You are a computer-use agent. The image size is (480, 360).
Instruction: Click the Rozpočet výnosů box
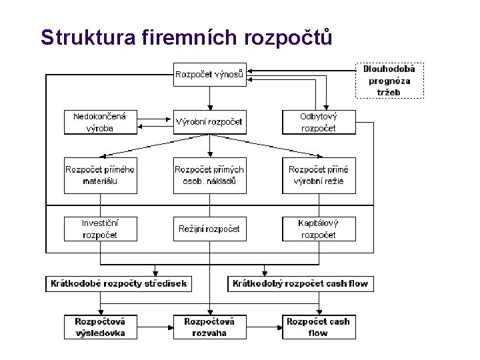[209, 74]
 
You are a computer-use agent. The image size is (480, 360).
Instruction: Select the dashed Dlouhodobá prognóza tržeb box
[389, 80]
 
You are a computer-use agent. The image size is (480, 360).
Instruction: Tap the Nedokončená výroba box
[100, 122]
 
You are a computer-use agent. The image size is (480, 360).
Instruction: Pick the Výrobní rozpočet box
[209, 122]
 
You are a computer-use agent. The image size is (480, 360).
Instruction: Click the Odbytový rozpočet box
[319, 122]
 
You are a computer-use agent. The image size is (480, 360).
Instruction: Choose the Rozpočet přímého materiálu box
[100, 175]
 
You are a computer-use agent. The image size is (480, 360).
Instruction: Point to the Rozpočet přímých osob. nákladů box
[209, 175]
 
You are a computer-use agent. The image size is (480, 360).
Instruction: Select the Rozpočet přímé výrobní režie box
[319, 175]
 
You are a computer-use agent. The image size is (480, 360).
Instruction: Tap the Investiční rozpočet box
[100, 229]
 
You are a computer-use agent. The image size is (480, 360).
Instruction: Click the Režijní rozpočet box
[209, 229]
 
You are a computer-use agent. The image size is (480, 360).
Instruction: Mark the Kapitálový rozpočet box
[319, 229]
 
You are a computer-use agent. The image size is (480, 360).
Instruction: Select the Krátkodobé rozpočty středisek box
[119, 283]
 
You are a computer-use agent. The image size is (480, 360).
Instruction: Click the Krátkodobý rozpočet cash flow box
[300, 283]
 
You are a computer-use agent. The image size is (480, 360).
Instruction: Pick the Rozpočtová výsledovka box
[100, 327]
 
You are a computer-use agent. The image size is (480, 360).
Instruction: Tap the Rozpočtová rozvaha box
[209, 327]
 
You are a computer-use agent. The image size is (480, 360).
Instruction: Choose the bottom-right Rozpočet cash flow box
[319, 327]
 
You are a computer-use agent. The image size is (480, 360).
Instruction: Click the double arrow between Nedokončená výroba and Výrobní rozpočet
[155, 121]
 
